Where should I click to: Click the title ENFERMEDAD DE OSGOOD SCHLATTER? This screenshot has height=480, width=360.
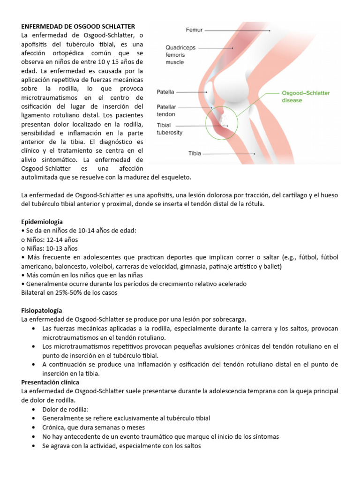(78, 26)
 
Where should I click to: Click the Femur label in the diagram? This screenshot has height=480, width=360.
(194, 30)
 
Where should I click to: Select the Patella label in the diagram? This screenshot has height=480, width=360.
(165, 92)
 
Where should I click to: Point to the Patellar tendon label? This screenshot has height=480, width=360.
(166, 110)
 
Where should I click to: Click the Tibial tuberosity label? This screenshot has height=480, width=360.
(169, 129)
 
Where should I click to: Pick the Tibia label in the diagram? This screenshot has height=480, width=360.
(195, 153)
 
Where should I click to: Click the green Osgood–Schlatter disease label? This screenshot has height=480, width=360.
(306, 97)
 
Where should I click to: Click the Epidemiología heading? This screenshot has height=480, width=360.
(42, 221)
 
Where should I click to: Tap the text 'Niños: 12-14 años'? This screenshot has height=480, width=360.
(49, 240)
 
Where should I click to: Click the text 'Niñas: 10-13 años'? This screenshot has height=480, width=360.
(49, 248)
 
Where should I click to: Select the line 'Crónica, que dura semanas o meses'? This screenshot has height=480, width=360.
(93, 427)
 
